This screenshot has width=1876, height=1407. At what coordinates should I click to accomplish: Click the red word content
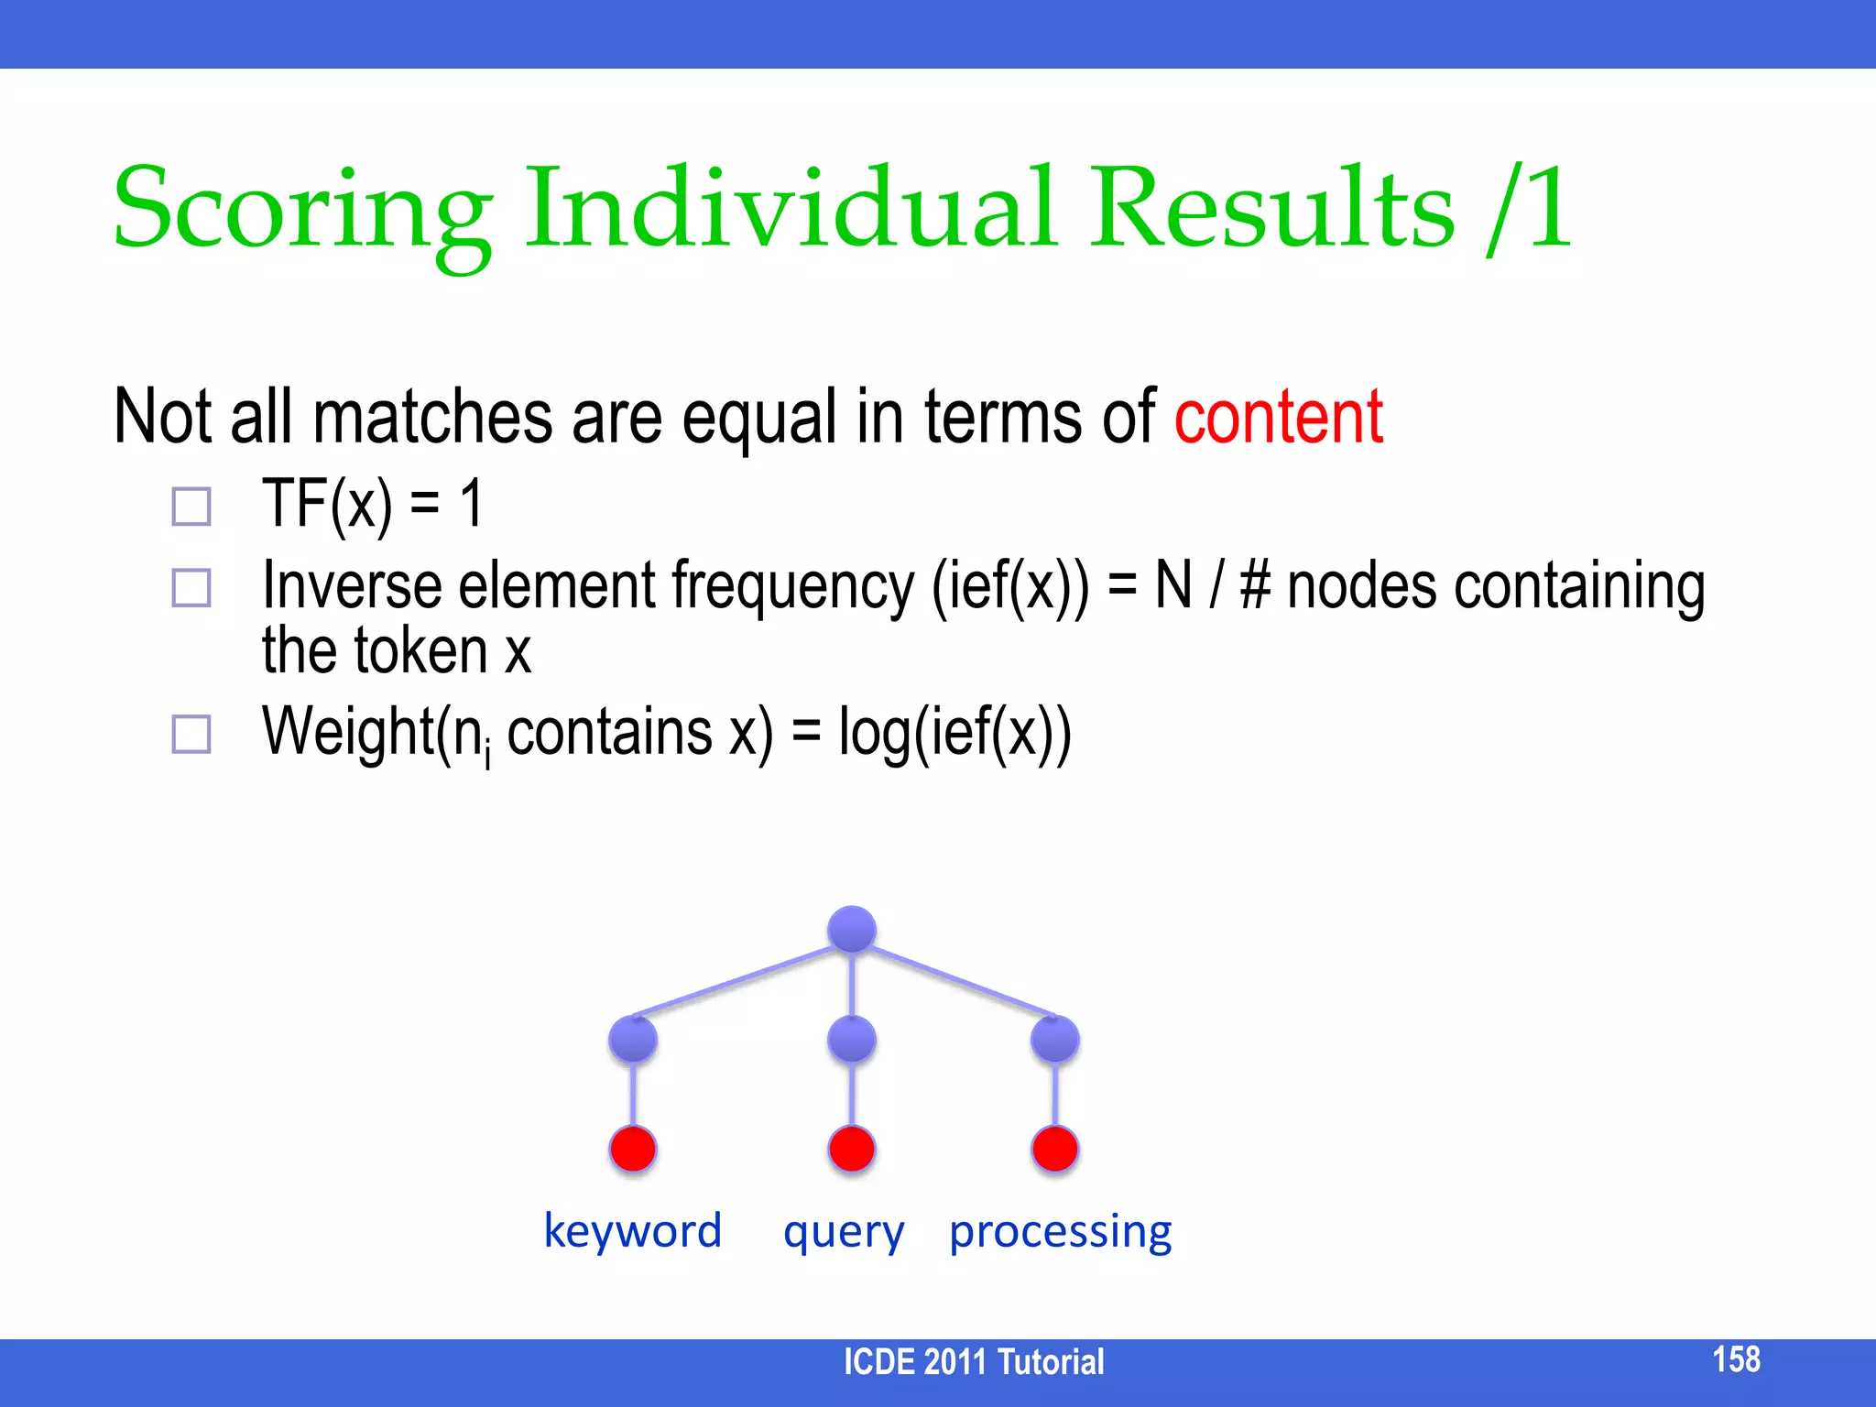click(x=1278, y=418)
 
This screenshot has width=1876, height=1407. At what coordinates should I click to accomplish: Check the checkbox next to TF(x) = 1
click(x=191, y=506)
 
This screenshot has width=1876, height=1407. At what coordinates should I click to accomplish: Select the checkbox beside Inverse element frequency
click(x=191, y=587)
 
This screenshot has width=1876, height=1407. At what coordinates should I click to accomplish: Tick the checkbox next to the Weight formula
click(x=191, y=734)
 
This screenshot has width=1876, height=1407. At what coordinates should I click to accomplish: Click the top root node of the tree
click(x=852, y=929)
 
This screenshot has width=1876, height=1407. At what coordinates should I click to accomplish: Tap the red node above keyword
click(x=633, y=1149)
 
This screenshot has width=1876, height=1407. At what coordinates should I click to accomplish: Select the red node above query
click(x=852, y=1149)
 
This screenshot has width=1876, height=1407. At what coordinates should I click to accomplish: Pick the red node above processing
click(x=1054, y=1149)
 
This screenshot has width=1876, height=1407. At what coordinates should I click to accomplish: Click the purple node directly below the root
click(x=852, y=1039)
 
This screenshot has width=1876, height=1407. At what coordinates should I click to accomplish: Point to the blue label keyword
click(x=633, y=1230)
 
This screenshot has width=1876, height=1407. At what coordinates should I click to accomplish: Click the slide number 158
click(x=1736, y=1359)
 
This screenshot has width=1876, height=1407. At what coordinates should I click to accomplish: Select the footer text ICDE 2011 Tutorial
click(x=974, y=1362)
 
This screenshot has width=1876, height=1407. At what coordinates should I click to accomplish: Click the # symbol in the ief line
click(x=1255, y=586)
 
